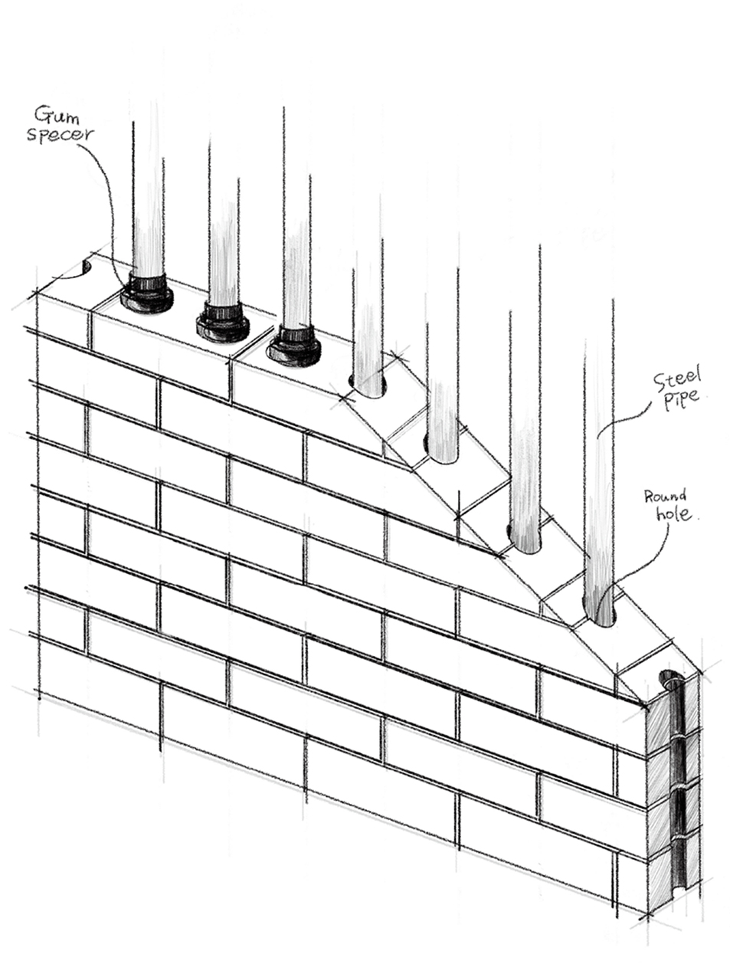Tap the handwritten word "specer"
[x=61, y=134]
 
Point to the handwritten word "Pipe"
[x=681, y=399]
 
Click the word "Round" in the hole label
[x=665, y=496]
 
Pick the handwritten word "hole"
[x=673, y=514]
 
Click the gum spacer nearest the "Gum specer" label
[x=146, y=293]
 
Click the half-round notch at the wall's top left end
[x=87, y=268]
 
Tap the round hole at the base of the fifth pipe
[x=441, y=451]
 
